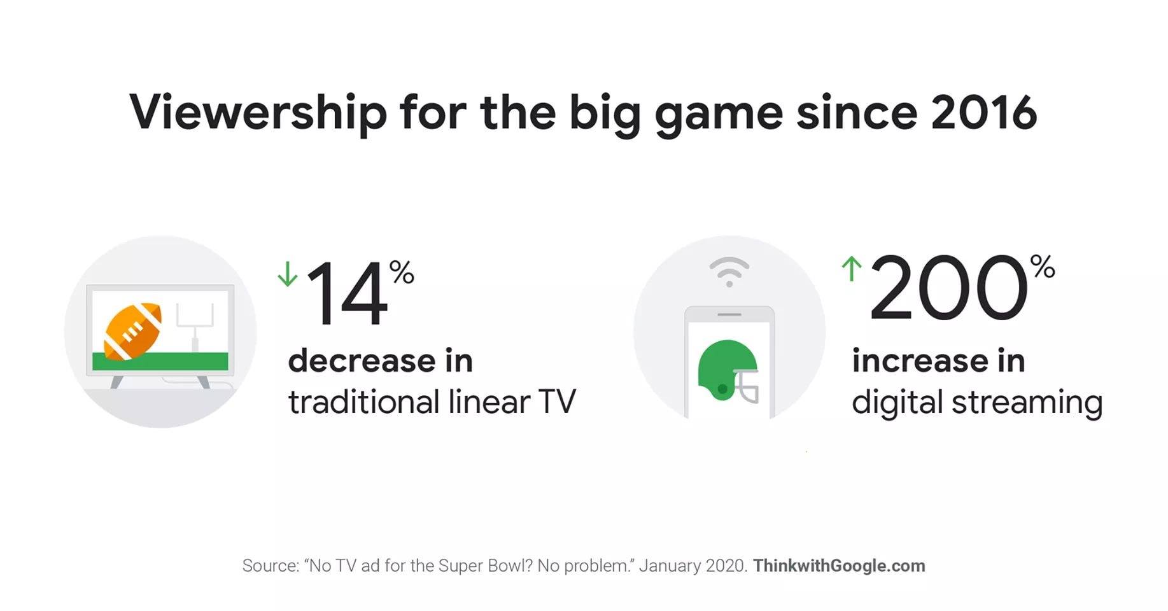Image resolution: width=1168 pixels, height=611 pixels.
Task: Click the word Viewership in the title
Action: [x=258, y=113]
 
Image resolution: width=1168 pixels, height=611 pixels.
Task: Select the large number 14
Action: [x=347, y=293]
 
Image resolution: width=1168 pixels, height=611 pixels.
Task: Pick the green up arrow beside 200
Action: [x=851, y=268]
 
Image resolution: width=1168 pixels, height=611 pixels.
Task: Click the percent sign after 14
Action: [x=402, y=272]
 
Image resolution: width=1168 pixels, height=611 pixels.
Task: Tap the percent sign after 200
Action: [x=1043, y=267]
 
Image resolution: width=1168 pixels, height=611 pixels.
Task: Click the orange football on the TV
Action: [x=132, y=331]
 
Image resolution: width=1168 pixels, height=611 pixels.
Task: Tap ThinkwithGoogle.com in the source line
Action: [x=839, y=566]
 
